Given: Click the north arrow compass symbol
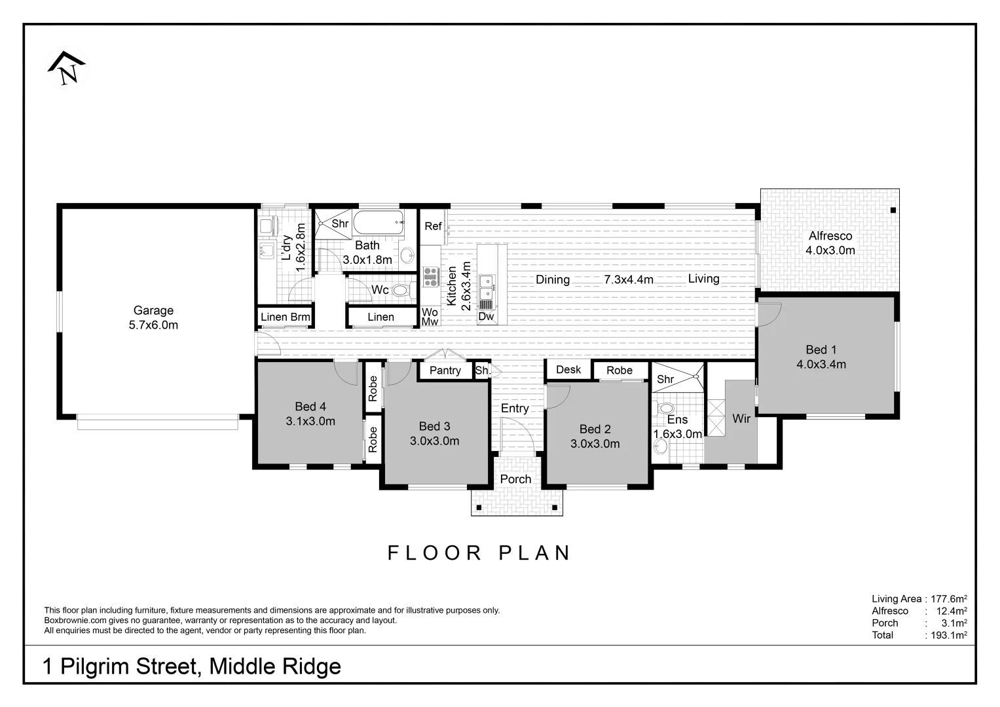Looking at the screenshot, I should click(x=67, y=69).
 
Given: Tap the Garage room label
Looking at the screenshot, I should click(x=153, y=310).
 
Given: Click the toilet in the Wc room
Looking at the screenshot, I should click(x=401, y=290).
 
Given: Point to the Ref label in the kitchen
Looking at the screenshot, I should click(x=433, y=226).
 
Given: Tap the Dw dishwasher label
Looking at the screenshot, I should click(x=485, y=317).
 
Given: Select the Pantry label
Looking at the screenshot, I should click(x=445, y=371).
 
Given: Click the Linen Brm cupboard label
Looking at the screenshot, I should click(x=285, y=317).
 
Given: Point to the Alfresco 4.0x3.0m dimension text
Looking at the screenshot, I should click(x=830, y=250).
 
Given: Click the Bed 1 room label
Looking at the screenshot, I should click(x=821, y=350).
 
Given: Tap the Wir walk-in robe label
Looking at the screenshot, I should click(x=741, y=418).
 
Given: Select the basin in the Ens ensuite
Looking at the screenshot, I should click(x=661, y=446).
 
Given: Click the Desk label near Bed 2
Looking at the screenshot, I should click(x=568, y=369).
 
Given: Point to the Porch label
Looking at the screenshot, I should click(x=515, y=479).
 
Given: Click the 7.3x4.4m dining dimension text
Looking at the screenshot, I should click(x=628, y=280).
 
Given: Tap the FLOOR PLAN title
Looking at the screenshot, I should click(x=479, y=553).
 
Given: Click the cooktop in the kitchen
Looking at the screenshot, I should click(x=430, y=277).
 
